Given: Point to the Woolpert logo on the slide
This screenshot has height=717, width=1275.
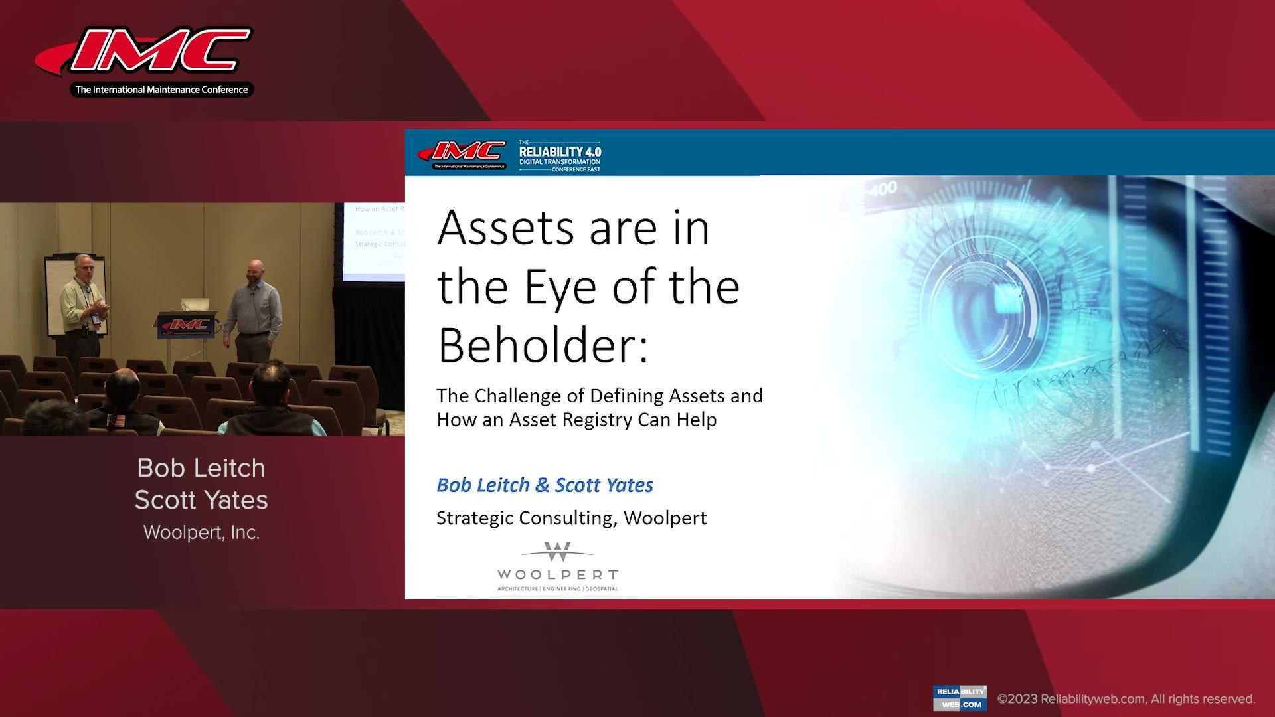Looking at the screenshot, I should pos(558,566).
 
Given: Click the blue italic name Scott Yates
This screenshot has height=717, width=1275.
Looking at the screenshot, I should pos(604,485).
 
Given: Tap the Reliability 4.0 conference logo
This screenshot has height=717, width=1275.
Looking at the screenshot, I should pos(560,156).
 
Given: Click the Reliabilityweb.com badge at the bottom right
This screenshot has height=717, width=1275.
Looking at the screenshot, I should pos(960,698).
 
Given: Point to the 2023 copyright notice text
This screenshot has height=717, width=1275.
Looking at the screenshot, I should pos(1126,699).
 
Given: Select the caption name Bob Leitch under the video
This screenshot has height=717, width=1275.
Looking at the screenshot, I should pos(201,468).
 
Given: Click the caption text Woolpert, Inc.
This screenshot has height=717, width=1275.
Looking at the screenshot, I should pos(201,532).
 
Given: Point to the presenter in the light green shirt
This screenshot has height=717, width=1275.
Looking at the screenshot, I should pos(83,305).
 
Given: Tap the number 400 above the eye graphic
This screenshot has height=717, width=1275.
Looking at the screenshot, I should pos(883,189).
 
